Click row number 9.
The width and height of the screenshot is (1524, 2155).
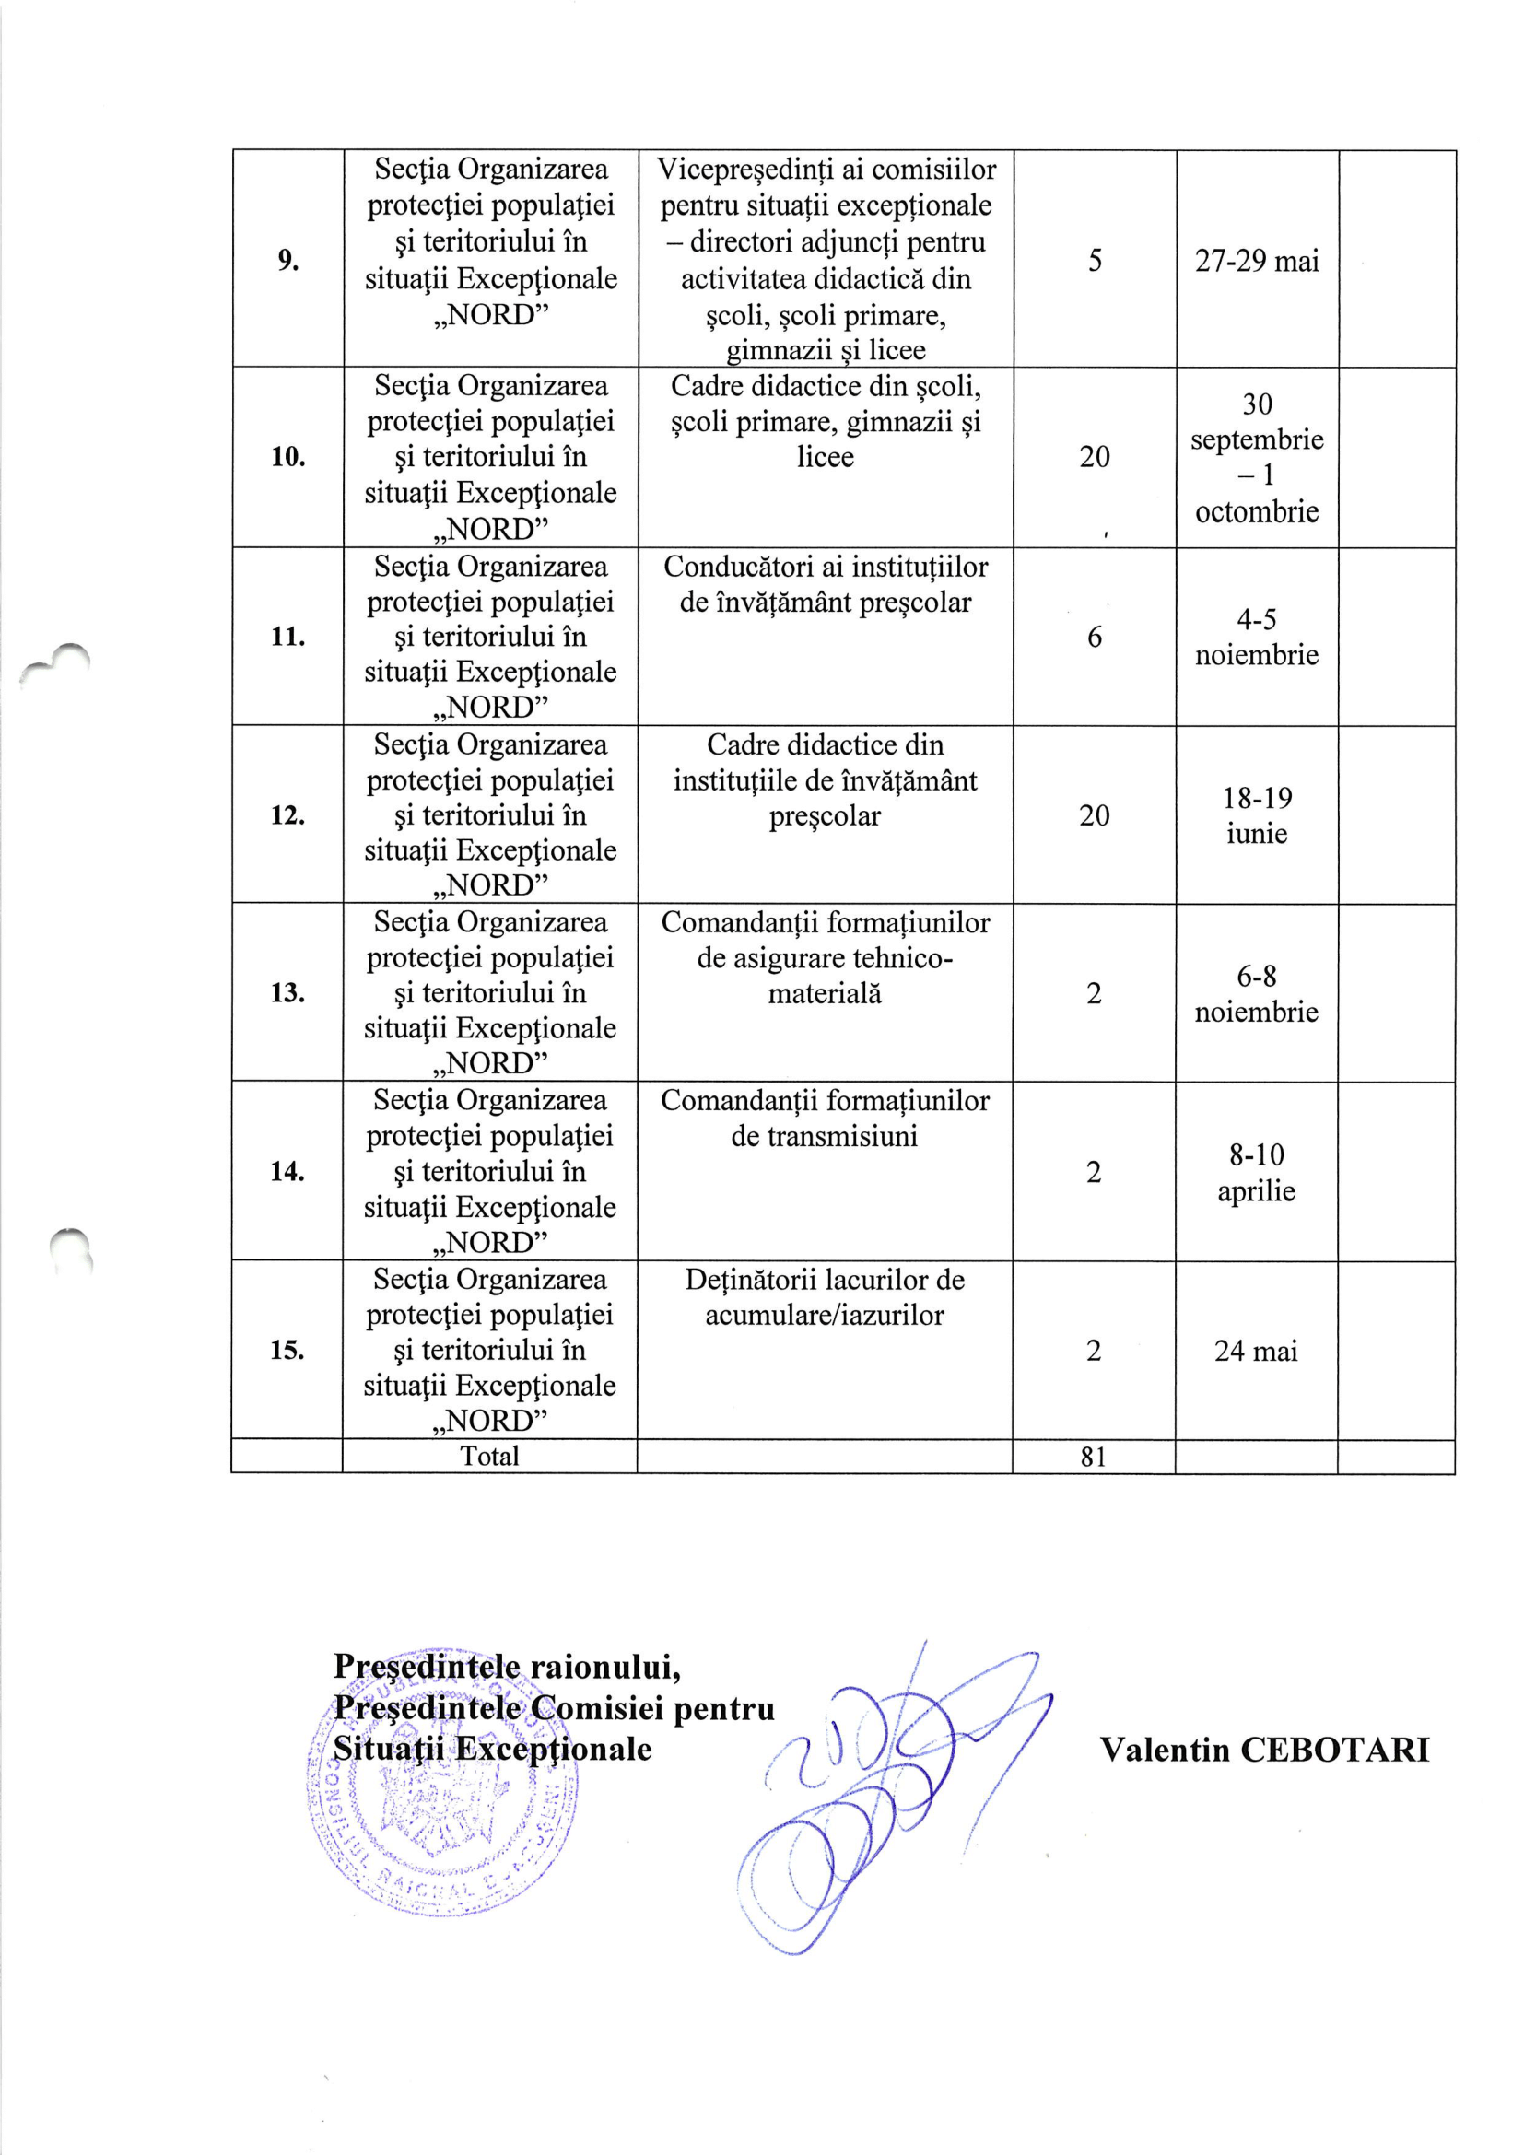[x=287, y=260]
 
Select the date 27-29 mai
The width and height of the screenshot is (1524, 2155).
[x=1257, y=260]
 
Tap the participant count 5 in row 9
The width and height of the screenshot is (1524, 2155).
[x=1095, y=260]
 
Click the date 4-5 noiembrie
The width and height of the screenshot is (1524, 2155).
[x=1257, y=637]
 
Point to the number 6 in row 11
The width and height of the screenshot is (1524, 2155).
[x=1095, y=638]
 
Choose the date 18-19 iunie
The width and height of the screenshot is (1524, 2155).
[x=1257, y=814]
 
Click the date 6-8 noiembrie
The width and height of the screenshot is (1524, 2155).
[x=1257, y=993]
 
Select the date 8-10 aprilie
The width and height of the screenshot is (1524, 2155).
[x=1257, y=1172]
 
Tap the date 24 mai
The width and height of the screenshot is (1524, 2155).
[x=1256, y=1351]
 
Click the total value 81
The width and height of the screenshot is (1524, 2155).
[x=1094, y=1457]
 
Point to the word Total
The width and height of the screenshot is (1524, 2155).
[x=489, y=1456]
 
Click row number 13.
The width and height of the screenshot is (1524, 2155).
[x=287, y=993]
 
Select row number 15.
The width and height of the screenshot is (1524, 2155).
[x=287, y=1351]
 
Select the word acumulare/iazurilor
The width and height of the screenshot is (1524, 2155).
[x=824, y=1315]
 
